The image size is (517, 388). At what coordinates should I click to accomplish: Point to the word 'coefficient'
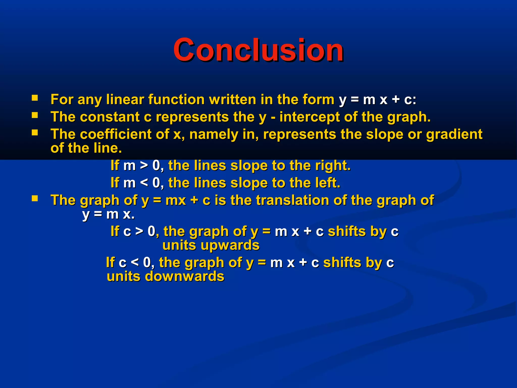(116, 134)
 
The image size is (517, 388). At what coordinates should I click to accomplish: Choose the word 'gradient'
(454, 134)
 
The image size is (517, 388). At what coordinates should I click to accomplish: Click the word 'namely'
(214, 135)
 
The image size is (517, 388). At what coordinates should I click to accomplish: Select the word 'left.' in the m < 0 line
(328, 183)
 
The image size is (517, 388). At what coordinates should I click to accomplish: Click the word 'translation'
(293, 200)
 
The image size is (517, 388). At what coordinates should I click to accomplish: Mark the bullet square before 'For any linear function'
(35, 98)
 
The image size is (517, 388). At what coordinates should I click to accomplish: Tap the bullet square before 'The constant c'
(35, 115)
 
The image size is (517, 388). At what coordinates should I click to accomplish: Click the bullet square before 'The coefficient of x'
(35, 133)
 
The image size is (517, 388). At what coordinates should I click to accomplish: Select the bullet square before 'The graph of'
(35, 199)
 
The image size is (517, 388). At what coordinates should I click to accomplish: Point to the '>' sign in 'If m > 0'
(144, 166)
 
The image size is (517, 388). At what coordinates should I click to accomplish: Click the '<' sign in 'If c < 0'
(135, 262)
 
